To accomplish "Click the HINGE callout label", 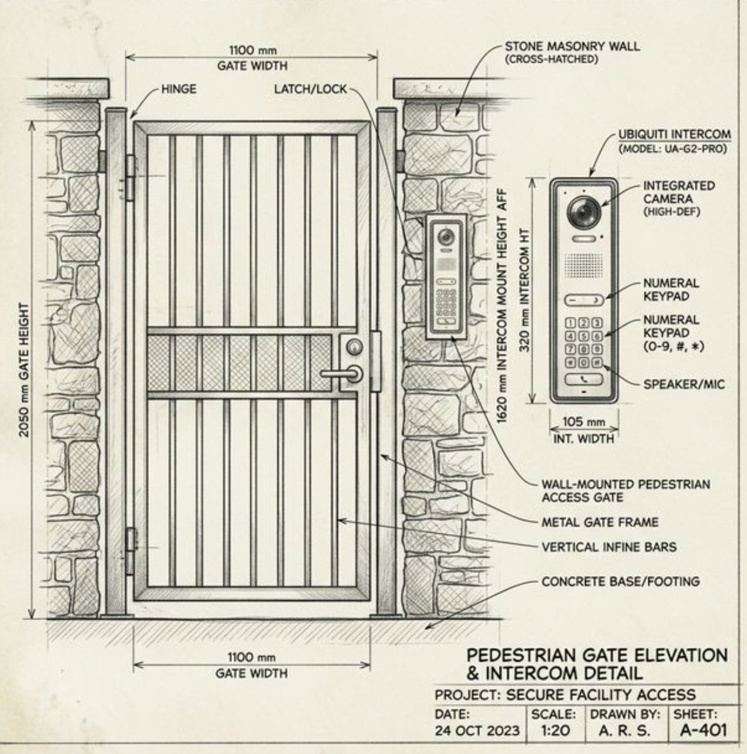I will (x=178, y=89).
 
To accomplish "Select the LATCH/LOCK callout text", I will (x=310, y=89).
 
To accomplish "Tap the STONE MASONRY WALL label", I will (x=572, y=46).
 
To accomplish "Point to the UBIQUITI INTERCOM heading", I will (x=674, y=135).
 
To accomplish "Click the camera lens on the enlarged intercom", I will (x=584, y=213).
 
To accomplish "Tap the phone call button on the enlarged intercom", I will (x=584, y=380).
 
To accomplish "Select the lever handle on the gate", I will (x=340, y=374).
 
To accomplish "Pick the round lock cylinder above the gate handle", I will (x=355, y=347).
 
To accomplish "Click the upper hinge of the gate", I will (x=130, y=177).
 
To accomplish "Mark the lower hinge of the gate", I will (x=131, y=550).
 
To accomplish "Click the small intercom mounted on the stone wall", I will (x=446, y=277).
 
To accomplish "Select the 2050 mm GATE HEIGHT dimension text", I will (x=24, y=369).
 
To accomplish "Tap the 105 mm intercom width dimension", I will (x=584, y=423).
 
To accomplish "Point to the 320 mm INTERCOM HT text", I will (x=525, y=299).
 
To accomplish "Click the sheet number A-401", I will (x=703, y=730).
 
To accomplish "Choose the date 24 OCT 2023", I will (x=477, y=730).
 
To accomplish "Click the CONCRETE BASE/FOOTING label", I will (x=620, y=582).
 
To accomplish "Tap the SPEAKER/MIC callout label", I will (x=684, y=384).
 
